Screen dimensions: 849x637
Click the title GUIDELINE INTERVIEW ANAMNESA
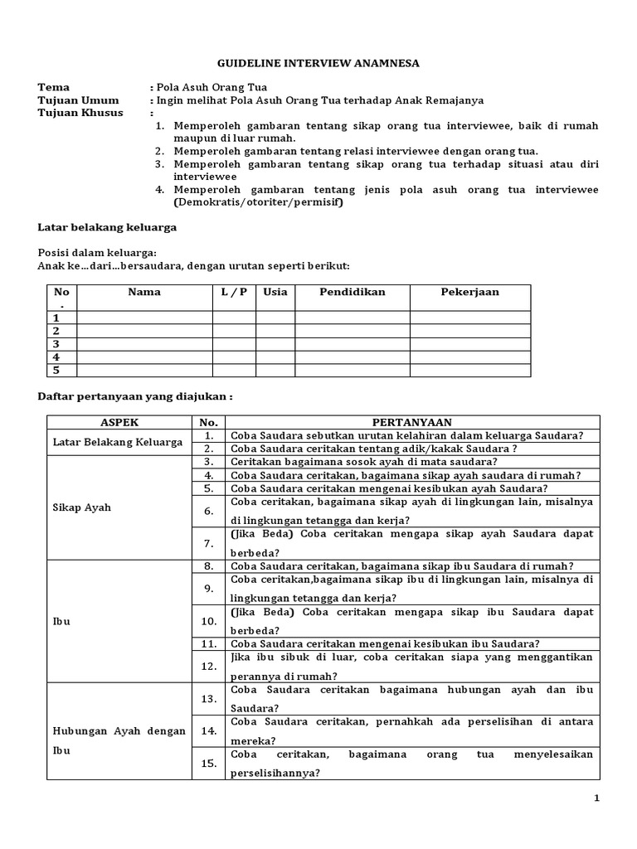pyautogui.click(x=318, y=63)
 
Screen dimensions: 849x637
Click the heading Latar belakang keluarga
pyautogui.click(x=107, y=227)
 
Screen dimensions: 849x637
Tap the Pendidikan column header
pyautogui.click(x=352, y=293)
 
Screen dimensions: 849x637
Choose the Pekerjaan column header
pyautogui.click(x=469, y=293)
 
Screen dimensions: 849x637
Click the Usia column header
pyautogui.click(x=275, y=293)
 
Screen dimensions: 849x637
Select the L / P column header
pyautogui.click(x=234, y=293)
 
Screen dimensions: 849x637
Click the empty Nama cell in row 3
pyautogui.click(x=144, y=343)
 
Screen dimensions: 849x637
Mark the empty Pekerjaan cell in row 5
pyautogui.click(x=469, y=370)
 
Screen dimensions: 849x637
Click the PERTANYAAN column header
pyautogui.click(x=412, y=421)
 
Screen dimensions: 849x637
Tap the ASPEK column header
pyautogui.click(x=119, y=421)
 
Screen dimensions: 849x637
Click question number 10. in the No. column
pyautogui.click(x=210, y=620)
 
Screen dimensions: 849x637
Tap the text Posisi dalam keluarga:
pyautogui.click(x=97, y=253)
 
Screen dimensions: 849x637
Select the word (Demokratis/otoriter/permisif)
pyautogui.click(x=258, y=201)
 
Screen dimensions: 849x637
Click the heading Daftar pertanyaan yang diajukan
pyautogui.click(x=134, y=396)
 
